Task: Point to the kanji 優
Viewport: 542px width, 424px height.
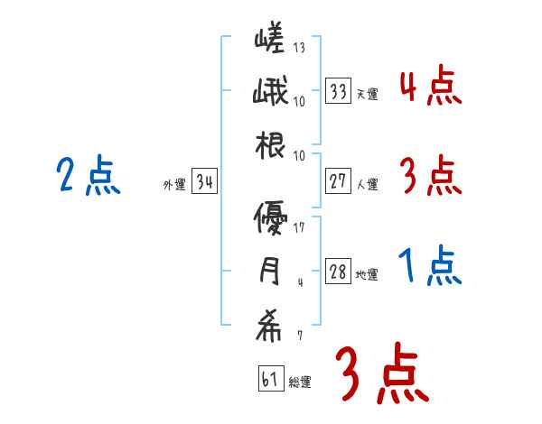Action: (270, 218)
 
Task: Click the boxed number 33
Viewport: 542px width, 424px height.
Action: (339, 90)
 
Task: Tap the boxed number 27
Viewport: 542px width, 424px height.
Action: (339, 181)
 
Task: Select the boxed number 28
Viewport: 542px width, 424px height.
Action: (339, 272)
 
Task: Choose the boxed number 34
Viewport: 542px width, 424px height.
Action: (204, 183)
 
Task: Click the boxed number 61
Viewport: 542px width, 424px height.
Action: (270, 380)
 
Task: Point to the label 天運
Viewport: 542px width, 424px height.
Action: (367, 94)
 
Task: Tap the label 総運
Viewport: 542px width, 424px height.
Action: (300, 383)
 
